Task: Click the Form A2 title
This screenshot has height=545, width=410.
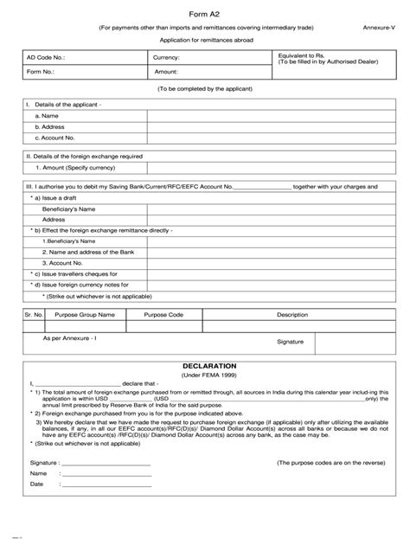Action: point(205,12)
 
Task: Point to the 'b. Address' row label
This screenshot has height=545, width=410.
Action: point(52,126)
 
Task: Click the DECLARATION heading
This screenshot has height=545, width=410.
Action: point(205,366)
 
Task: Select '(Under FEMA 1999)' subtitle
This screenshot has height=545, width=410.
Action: point(205,376)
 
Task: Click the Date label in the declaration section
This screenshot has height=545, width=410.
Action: point(36,484)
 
